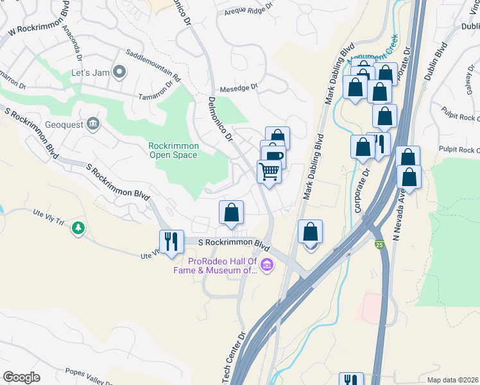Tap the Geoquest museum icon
coord(93,123)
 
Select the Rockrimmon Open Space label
coord(174,150)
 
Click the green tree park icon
coord(78,228)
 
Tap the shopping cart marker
coord(269,171)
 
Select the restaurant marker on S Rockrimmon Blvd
coord(171,242)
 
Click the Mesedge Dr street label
coord(238,87)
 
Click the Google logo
coord(22,377)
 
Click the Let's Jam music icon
coord(119,72)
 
